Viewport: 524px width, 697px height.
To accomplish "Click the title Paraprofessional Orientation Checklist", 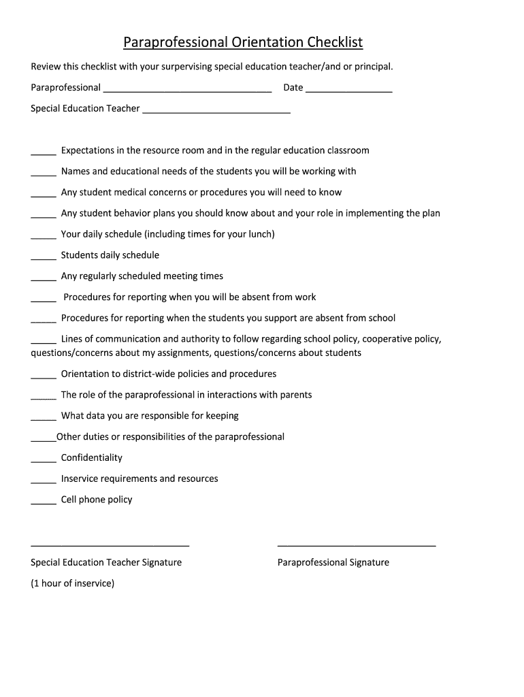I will pyautogui.click(x=243, y=43).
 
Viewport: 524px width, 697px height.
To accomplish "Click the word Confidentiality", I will pyautogui.click(x=92, y=457).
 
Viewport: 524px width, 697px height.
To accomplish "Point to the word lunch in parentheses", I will pyautogui.click(x=259, y=234).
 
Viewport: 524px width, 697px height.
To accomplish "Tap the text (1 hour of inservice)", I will pyautogui.click(x=73, y=583).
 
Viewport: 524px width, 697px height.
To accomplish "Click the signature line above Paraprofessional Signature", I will pyautogui.click(x=357, y=545).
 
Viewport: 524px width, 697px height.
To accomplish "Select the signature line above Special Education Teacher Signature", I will pyautogui.click(x=110, y=545).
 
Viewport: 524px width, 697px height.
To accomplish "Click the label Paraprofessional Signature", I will pyautogui.click(x=333, y=562).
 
